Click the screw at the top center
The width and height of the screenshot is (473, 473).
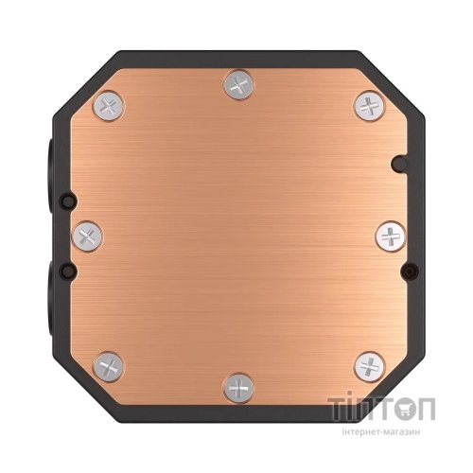click(236, 85)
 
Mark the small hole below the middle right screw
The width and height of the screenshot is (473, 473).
click(408, 272)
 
